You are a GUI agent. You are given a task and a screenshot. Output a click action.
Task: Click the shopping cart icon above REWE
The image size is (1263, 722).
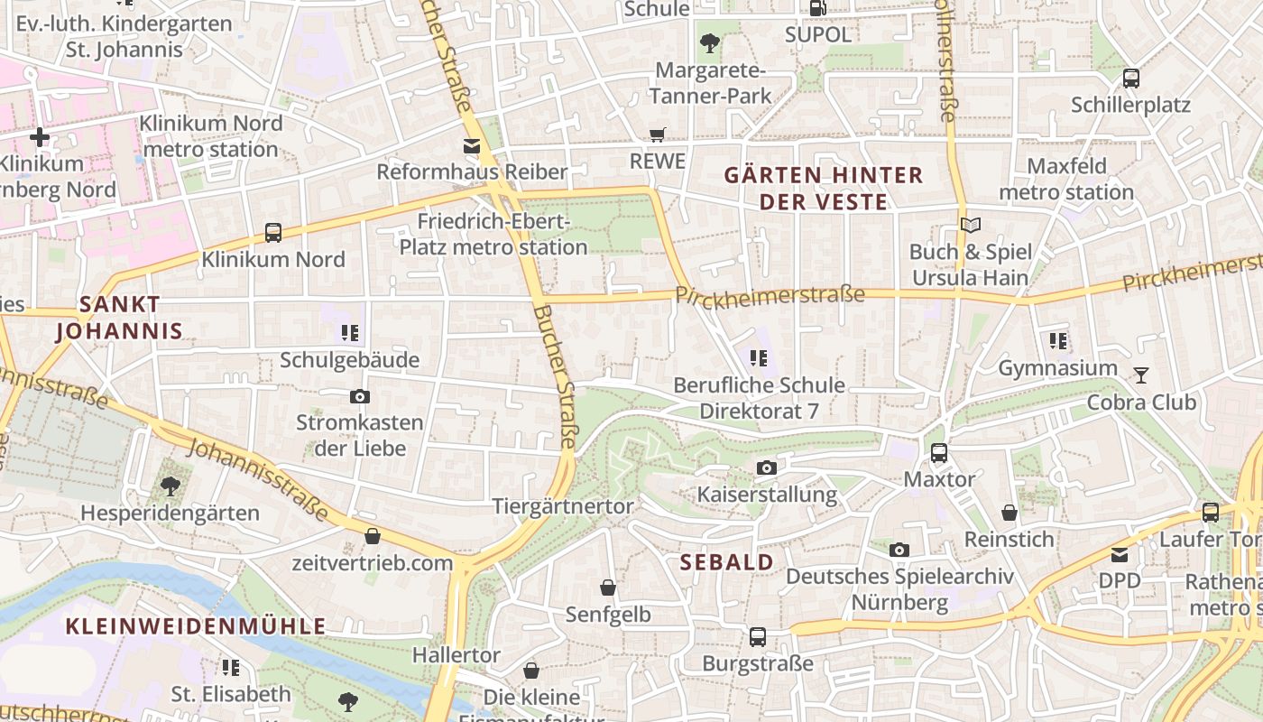tap(658, 134)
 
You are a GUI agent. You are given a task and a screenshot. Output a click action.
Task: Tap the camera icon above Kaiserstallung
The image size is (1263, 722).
tap(767, 467)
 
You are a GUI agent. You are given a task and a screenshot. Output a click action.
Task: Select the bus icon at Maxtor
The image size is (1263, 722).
tap(939, 452)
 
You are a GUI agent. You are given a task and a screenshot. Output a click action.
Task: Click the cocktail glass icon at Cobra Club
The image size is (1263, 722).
tap(1141, 375)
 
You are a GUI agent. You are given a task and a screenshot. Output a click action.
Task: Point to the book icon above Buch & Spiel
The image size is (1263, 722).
tap(970, 225)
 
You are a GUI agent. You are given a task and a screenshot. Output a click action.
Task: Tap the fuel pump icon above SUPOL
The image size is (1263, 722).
tap(817, 8)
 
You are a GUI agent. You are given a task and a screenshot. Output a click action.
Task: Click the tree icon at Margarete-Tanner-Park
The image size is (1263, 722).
tap(710, 42)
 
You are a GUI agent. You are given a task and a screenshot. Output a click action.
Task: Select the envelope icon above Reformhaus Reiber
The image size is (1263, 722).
tap(472, 145)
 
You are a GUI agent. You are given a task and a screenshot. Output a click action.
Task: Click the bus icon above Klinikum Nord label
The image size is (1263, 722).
tap(273, 233)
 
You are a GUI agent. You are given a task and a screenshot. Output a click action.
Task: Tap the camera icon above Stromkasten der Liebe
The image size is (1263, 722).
tap(359, 396)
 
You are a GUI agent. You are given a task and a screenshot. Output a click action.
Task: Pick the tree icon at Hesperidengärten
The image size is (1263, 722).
tap(170, 486)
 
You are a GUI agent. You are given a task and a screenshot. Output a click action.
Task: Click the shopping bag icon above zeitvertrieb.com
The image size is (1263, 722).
tap(372, 537)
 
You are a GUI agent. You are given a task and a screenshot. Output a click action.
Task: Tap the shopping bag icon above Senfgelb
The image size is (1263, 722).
tap(608, 588)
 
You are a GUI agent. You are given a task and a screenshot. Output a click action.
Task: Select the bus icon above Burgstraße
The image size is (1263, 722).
tap(758, 637)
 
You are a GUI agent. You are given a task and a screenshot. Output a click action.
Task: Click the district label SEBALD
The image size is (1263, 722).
tap(726, 562)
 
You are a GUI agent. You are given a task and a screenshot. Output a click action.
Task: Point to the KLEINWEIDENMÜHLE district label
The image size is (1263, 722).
tap(196, 625)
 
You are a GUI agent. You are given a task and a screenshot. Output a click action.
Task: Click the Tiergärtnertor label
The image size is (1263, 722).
tap(563, 506)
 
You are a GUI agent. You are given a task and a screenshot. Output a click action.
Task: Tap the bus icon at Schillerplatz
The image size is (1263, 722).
tap(1131, 79)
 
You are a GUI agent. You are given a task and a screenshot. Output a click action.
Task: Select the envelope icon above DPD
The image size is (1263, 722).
tap(1120, 554)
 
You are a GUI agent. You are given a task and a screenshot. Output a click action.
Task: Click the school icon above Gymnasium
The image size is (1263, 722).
tap(1058, 341)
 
